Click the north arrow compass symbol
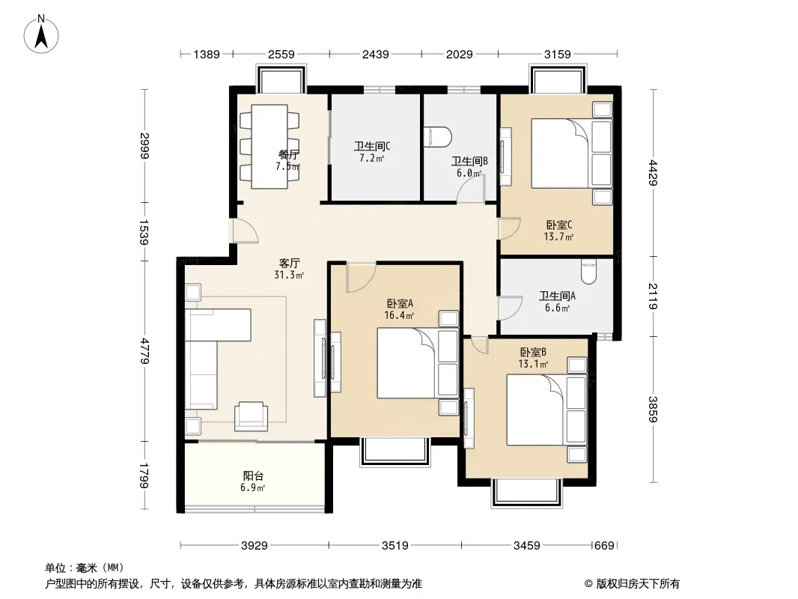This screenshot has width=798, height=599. click(41, 34)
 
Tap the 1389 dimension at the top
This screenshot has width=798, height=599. click(207, 54)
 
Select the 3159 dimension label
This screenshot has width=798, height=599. click(557, 54)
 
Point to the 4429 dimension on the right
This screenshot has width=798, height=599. click(654, 173)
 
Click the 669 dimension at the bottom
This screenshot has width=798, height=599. click(604, 546)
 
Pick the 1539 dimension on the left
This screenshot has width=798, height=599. click(144, 232)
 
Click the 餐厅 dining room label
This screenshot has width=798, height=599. click(288, 155)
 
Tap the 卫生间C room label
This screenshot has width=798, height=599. click(372, 147)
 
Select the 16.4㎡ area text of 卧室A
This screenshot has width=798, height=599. click(399, 315)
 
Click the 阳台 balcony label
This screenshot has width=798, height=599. click(253, 476)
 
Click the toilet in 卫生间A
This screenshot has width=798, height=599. click(589, 272)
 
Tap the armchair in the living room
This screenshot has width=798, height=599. click(251, 416)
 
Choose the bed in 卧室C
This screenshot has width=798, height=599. click(571, 153)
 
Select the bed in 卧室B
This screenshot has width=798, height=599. click(546, 410)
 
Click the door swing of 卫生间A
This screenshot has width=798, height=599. click(510, 308)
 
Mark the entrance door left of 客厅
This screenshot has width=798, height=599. click(246, 231)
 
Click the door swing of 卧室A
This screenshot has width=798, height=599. click(361, 277)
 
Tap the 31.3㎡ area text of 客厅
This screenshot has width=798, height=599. click(289, 276)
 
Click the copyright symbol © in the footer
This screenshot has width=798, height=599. click(588, 584)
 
